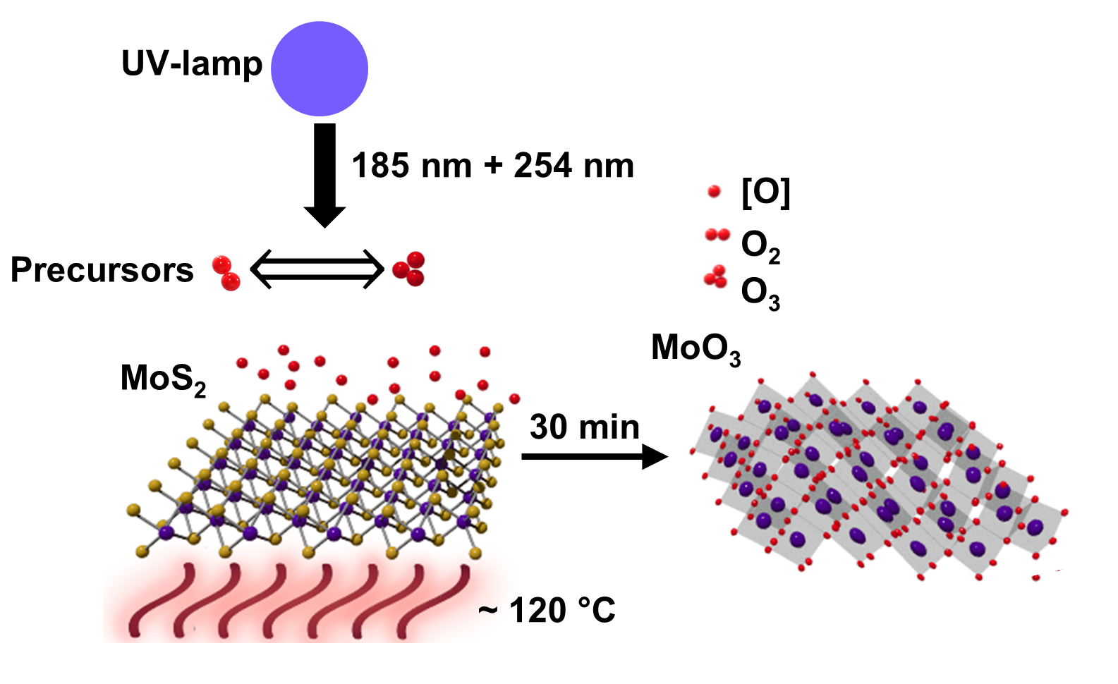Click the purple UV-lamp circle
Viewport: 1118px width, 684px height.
[320, 68]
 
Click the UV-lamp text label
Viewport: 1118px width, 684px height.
[192, 63]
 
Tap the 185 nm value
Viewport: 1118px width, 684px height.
[411, 166]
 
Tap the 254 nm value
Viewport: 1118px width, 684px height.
[573, 166]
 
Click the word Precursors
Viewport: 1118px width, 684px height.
[102, 270]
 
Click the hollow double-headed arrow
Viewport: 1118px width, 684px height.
[317, 269]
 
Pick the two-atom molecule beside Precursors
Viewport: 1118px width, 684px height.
[226, 273]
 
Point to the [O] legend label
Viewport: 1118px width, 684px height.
[766, 192]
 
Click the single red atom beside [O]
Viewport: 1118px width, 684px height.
[714, 191]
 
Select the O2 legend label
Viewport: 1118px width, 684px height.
[760, 246]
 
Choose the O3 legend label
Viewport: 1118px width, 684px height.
[760, 293]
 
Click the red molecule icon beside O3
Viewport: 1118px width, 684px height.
[716, 277]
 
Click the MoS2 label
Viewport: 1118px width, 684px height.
[163, 379]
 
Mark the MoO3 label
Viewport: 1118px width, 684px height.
[695, 348]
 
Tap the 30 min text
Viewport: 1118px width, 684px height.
[585, 427]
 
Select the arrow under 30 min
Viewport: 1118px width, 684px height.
[594, 457]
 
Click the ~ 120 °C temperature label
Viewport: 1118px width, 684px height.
[547, 611]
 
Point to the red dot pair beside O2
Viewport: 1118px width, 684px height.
[717, 235]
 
